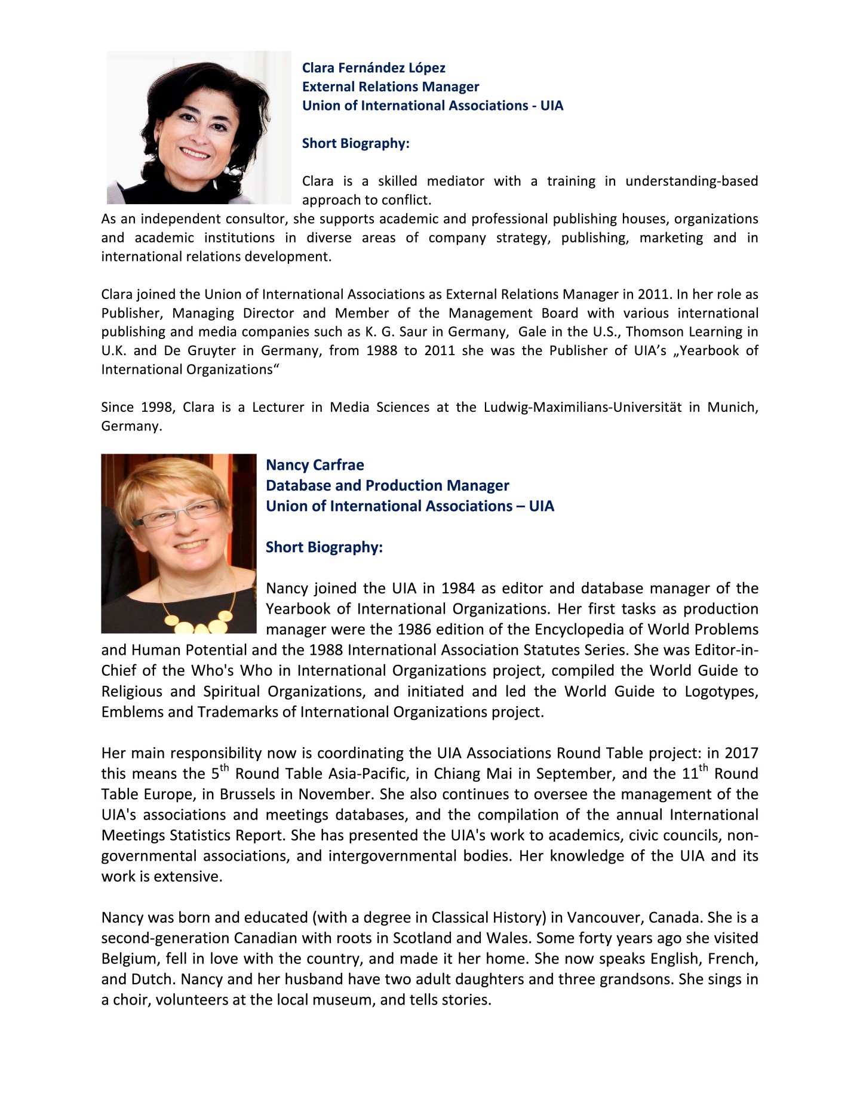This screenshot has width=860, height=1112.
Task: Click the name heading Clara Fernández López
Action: coord(373,68)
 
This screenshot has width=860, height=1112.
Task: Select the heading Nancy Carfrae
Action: coord(315,465)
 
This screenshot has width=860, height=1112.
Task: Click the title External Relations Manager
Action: coord(390,87)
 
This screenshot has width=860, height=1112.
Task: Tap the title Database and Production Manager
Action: coord(387,485)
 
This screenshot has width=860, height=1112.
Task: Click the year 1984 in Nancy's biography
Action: coord(458,589)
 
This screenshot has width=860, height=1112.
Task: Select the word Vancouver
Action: coord(604,917)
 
